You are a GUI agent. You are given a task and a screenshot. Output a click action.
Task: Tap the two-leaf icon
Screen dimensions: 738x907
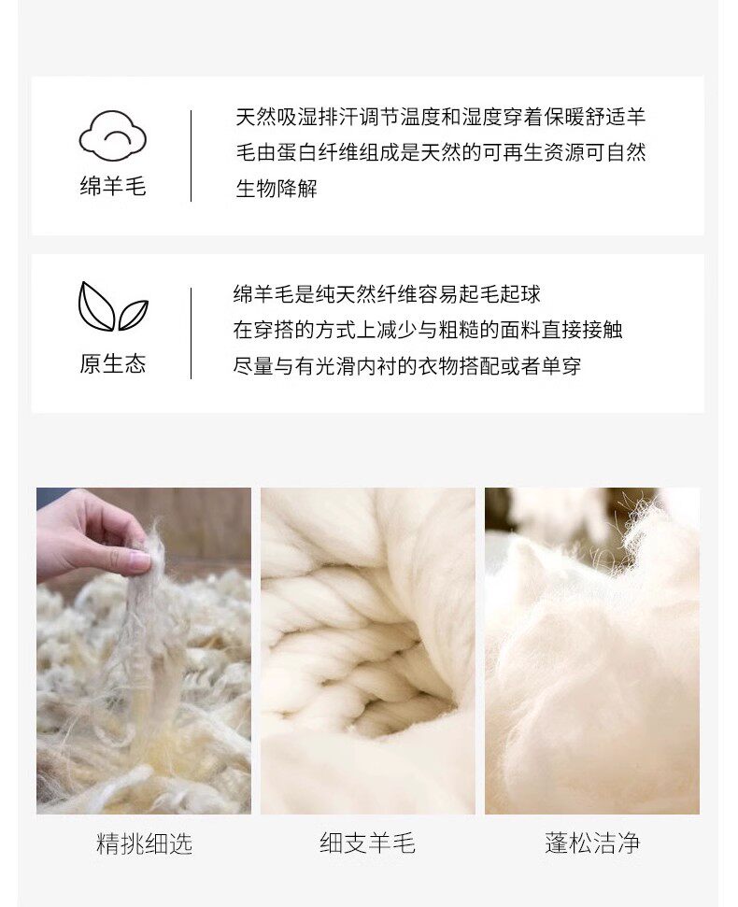pyautogui.click(x=113, y=306)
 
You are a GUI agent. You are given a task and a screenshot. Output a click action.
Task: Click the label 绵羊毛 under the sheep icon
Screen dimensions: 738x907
pyautogui.click(x=113, y=186)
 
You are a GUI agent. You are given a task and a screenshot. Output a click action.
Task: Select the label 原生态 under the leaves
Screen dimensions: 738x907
pyautogui.click(x=113, y=364)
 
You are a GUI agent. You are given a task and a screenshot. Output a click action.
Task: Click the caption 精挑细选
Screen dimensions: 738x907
pyautogui.click(x=144, y=843)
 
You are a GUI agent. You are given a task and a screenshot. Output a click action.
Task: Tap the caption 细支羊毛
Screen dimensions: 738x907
pyautogui.click(x=368, y=843)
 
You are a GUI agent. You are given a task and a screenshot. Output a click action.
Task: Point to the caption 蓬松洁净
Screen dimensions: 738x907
pyautogui.click(x=592, y=843)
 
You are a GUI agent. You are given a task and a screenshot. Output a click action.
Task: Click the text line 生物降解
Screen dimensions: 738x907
pyautogui.click(x=277, y=189)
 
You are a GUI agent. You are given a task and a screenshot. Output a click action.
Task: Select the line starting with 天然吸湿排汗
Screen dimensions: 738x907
pyautogui.click(x=440, y=118)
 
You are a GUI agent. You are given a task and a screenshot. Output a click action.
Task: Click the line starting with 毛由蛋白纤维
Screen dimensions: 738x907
pyautogui.click(x=440, y=152)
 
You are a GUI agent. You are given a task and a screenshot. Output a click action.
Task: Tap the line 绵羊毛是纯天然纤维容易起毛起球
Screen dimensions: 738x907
pyautogui.click(x=387, y=294)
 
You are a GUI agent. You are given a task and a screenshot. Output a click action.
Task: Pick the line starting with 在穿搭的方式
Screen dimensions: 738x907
pyautogui.click(x=428, y=331)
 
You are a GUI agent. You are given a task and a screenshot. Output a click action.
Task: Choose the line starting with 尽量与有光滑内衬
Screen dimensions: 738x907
pyautogui.click(x=407, y=366)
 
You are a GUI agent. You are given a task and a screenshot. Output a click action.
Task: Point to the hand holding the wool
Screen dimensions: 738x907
pyautogui.click(x=92, y=531)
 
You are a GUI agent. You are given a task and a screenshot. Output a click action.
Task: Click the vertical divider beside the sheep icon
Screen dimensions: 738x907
pyautogui.click(x=191, y=156)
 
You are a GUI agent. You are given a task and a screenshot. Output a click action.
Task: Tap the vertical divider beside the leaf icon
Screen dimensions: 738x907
pyautogui.click(x=191, y=333)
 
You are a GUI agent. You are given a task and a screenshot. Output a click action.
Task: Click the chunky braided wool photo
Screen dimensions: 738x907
pyautogui.click(x=368, y=651)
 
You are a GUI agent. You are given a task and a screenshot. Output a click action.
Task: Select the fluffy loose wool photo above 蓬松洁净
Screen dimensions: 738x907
pyautogui.click(x=592, y=651)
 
